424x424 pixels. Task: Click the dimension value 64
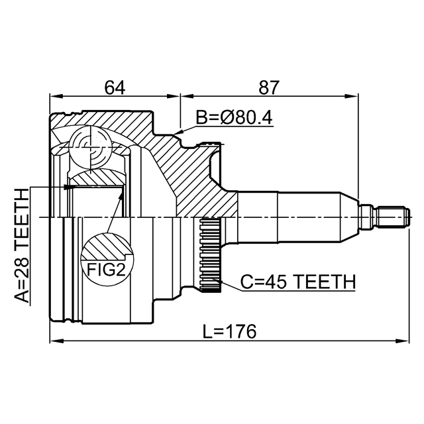[x=114, y=87]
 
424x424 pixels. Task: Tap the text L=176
[x=229, y=331]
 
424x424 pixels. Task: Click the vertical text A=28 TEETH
[x=22, y=245]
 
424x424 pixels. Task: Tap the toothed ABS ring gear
[x=209, y=256]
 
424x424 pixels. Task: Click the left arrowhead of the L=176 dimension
[x=55, y=342]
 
